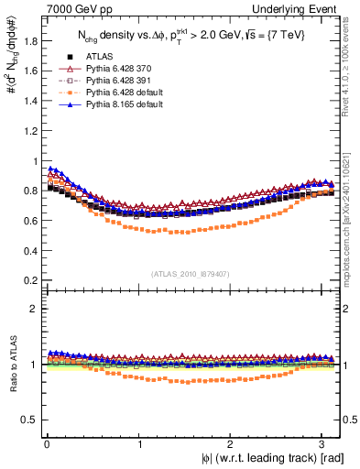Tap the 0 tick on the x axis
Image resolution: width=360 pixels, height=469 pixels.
(x=46, y=443)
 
